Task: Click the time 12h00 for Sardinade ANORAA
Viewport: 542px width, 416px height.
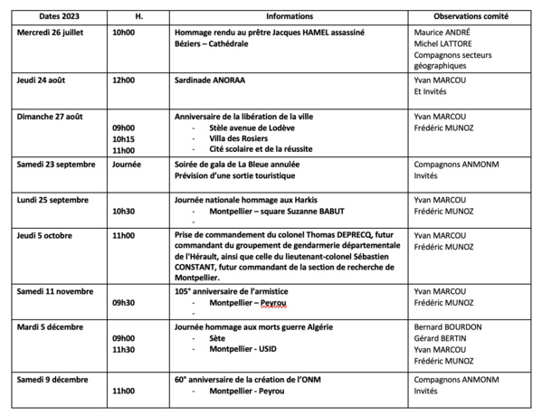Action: point(123,80)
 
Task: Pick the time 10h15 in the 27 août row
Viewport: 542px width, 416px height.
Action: point(123,138)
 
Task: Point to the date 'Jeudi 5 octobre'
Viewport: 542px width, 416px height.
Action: point(46,233)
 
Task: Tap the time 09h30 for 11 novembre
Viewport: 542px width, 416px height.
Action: point(123,304)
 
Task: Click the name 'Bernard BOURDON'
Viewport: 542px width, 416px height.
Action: point(450,326)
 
